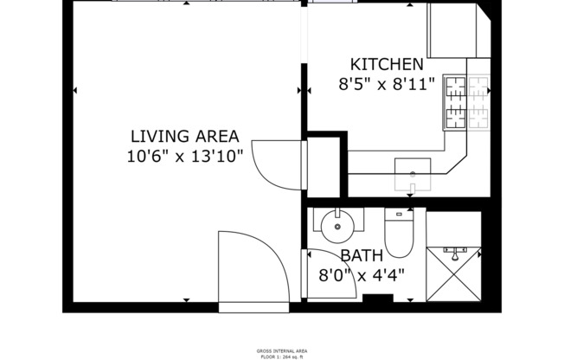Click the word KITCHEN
[386, 64]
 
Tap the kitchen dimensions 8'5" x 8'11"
[386, 85]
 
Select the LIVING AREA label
[184, 136]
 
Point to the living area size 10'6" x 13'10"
[184, 157]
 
